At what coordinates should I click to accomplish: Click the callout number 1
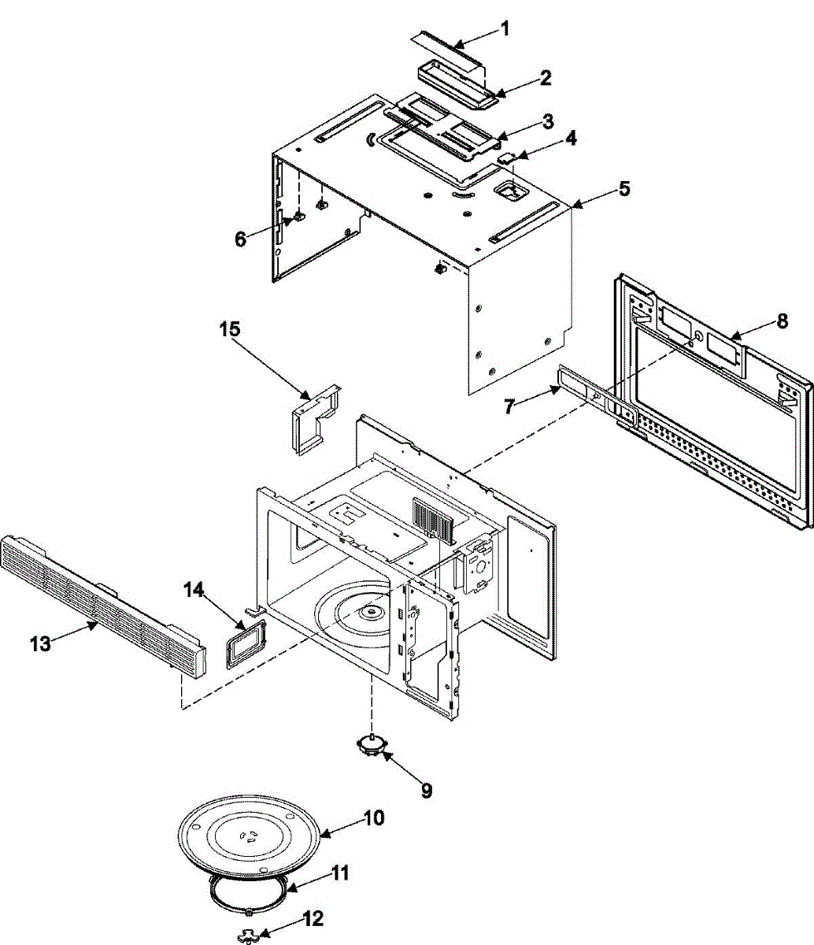coord(505,29)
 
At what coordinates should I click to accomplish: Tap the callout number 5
coord(624,189)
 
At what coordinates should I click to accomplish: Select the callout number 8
coord(781,321)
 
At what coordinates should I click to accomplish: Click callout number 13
coord(40,643)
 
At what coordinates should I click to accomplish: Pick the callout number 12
coord(313,918)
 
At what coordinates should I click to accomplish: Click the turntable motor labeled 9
coord(371,745)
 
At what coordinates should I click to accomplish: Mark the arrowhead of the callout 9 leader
coord(384,754)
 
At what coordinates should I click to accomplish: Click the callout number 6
coord(241,238)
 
